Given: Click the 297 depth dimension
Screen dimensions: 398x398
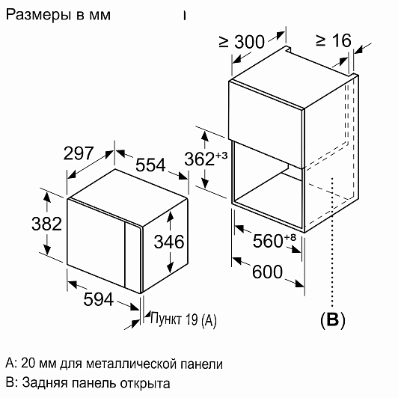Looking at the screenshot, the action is tap(79, 153).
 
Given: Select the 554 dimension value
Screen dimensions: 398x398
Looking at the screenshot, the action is tap(150, 165).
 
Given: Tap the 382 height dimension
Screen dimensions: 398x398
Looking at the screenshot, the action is tap(46, 224).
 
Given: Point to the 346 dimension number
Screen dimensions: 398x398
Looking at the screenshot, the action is tap(169, 242).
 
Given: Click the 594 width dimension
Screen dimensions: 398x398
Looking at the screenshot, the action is tap(99, 299).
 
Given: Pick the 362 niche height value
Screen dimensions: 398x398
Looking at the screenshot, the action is tap(200, 159).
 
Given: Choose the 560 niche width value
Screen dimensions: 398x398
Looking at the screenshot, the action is tap(268, 241).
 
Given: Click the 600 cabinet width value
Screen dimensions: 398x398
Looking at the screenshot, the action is tap(267, 272).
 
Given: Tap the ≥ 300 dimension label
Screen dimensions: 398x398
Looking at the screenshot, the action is tap(242, 42).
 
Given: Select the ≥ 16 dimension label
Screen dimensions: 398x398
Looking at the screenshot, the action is tap(334, 40).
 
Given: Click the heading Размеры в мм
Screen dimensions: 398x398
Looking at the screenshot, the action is tap(58, 15).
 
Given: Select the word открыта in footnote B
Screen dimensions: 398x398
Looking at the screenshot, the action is tap(145, 383).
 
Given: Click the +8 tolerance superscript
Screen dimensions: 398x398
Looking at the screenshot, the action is tap(290, 237).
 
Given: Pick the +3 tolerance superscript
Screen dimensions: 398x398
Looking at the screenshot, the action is tap(221, 155).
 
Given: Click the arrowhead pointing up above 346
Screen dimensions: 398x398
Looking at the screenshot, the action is tap(170, 216).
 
